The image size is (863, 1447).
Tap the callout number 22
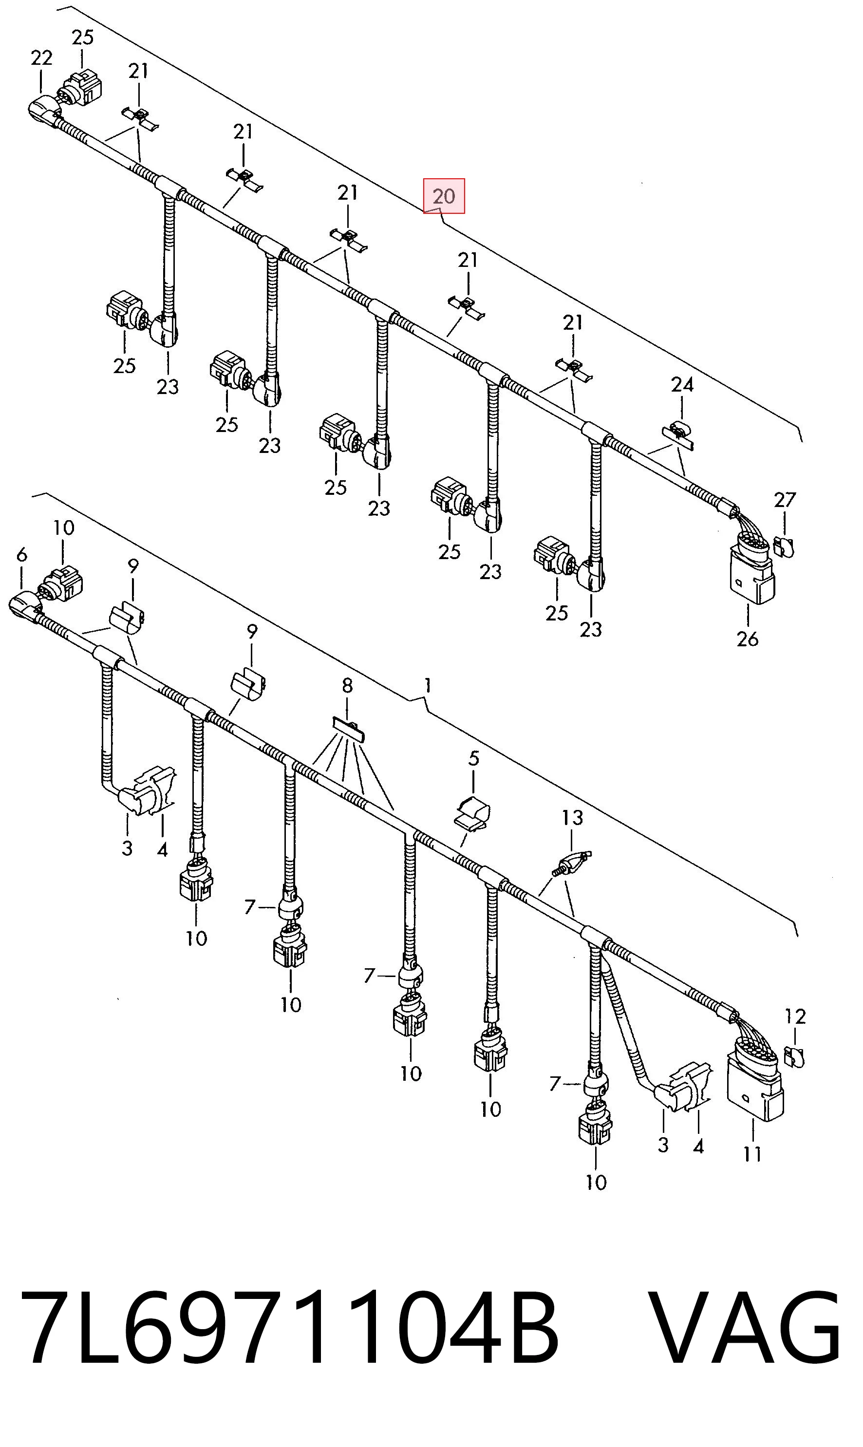[41, 57]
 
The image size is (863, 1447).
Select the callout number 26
[747, 639]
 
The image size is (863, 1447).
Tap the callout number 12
[795, 1016]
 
